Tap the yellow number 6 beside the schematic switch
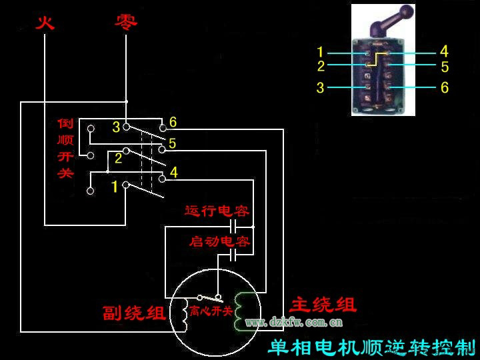(173, 122)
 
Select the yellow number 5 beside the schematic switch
(173, 143)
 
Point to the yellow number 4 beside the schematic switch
(174, 173)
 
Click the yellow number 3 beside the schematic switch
(115, 127)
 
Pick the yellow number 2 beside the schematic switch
(118, 158)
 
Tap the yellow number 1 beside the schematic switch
(114, 187)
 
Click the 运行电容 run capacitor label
(217, 211)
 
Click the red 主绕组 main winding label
(323, 305)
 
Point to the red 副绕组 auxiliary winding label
(134, 313)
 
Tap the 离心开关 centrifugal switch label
(211, 311)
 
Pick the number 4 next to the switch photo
(444, 51)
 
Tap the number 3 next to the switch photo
(321, 87)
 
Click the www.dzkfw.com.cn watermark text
(294, 323)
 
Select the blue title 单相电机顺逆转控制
(371, 347)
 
